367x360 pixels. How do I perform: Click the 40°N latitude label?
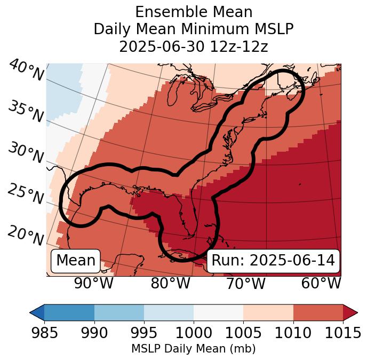26,71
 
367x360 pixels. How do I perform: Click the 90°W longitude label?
94,283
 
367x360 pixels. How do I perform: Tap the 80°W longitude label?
170,283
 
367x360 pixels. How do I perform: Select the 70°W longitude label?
245,283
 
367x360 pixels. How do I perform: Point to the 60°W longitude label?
321,283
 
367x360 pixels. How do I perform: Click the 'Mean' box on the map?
76,261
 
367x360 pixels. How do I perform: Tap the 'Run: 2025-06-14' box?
273,261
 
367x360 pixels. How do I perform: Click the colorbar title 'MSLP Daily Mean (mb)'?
193,349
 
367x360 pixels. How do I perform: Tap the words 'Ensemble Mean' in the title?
193,12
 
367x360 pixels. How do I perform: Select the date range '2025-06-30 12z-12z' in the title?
193,46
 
